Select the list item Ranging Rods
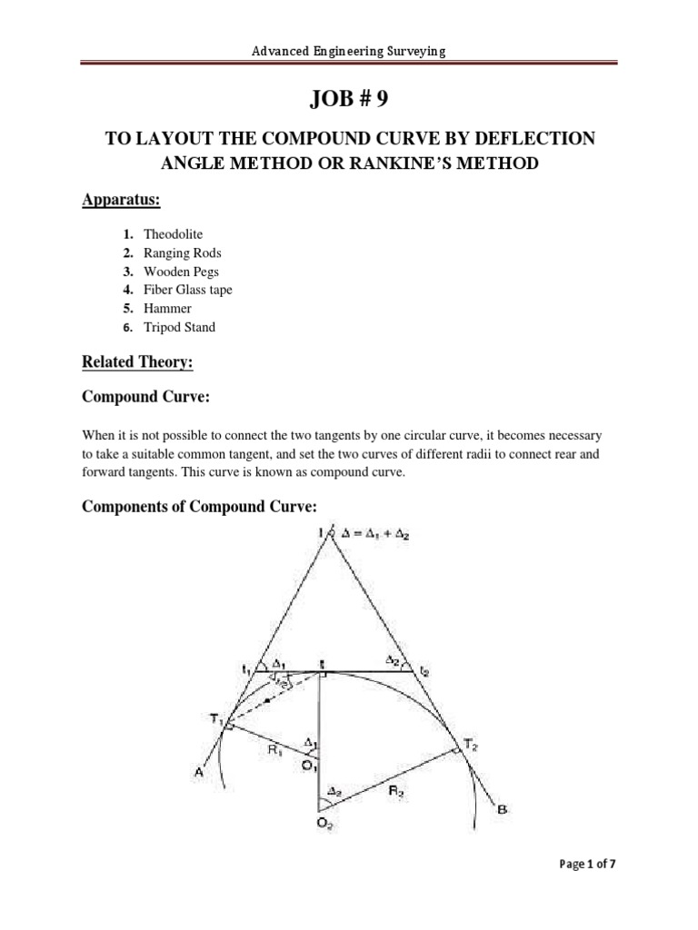click(x=182, y=253)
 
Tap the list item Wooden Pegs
click(x=181, y=272)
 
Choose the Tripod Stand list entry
click(x=179, y=327)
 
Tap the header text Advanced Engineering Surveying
click(x=349, y=52)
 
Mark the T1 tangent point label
click(x=215, y=719)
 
